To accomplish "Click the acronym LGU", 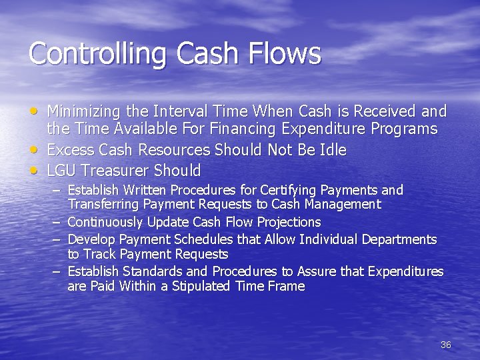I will (61, 170).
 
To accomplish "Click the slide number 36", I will (446, 345).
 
